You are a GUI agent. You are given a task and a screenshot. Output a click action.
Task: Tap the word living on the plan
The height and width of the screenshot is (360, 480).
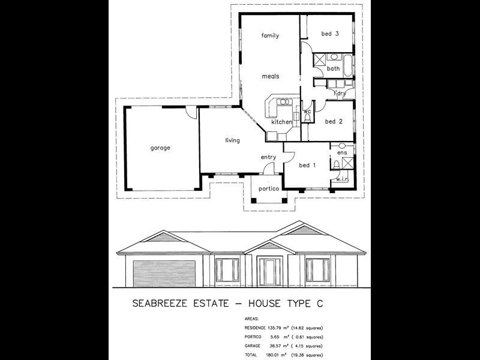click(232, 140)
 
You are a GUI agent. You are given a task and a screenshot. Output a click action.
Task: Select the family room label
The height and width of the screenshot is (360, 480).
click(271, 36)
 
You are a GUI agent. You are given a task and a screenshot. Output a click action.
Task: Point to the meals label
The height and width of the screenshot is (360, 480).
click(270, 77)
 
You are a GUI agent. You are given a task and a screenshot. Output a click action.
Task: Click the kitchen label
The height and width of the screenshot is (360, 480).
click(281, 122)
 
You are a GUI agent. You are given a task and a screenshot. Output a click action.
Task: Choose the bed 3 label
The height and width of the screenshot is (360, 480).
click(330, 34)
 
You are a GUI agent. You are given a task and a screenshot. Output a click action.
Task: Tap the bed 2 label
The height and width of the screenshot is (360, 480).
click(334, 121)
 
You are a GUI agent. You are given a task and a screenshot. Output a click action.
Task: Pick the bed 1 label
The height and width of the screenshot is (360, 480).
click(307, 165)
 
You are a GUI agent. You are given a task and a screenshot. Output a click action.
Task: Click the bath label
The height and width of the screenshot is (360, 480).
click(334, 69)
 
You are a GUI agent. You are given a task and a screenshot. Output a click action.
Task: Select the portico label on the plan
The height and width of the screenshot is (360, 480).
click(268, 189)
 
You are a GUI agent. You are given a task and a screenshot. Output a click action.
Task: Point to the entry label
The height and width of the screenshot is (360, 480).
click(268, 157)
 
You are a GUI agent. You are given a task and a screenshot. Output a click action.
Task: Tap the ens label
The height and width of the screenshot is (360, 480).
click(342, 153)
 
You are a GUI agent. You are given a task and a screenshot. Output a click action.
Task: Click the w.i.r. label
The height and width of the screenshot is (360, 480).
click(343, 179)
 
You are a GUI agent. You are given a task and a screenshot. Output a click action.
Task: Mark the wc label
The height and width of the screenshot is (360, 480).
click(307, 112)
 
